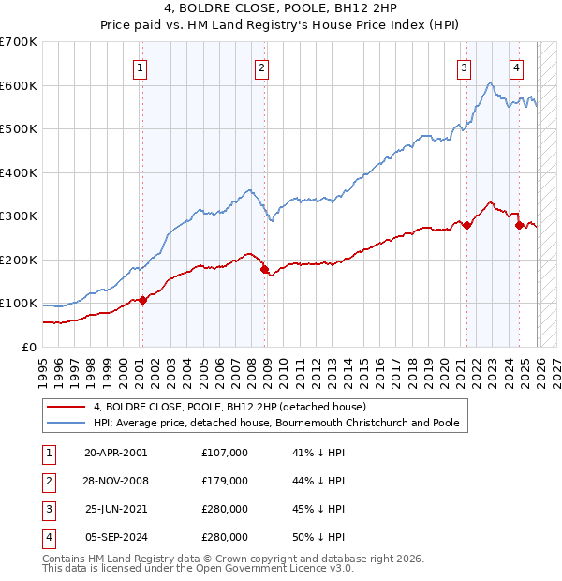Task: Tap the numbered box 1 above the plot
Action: tap(140, 67)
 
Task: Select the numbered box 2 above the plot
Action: tap(261, 67)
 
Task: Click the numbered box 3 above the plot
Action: tap(464, 67)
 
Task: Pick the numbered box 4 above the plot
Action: tap(516, 67)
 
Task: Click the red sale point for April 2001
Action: tap(142, 300)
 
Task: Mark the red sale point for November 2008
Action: tap(264, 269)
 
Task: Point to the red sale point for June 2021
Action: tap(466, 225)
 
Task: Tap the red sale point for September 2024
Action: tap(518, 225)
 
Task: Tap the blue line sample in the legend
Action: tap(67, 424)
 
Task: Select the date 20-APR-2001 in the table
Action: tap(115, 452)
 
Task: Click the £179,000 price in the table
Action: tap(225, 481)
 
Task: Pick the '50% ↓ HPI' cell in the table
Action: tap(319, 538)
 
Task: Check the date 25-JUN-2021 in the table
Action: tap(115, 509)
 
